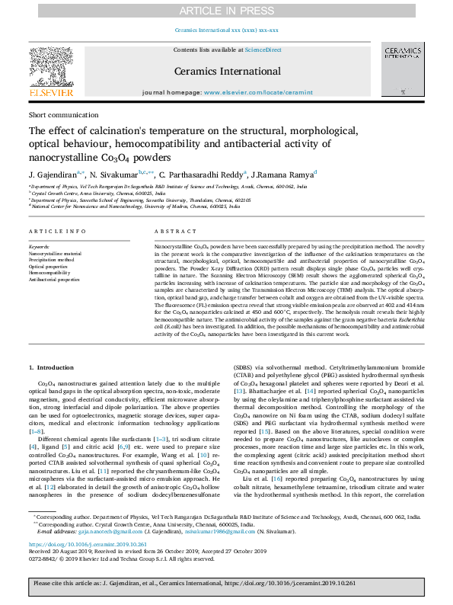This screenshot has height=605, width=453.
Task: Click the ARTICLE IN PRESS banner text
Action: coord(226,10)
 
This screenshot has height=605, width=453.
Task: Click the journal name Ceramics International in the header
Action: coord(226,70)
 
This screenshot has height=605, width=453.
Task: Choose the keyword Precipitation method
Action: coord(53,260)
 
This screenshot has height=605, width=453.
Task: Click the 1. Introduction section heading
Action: coord(52,367)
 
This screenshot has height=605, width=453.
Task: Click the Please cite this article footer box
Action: coord(226,584)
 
